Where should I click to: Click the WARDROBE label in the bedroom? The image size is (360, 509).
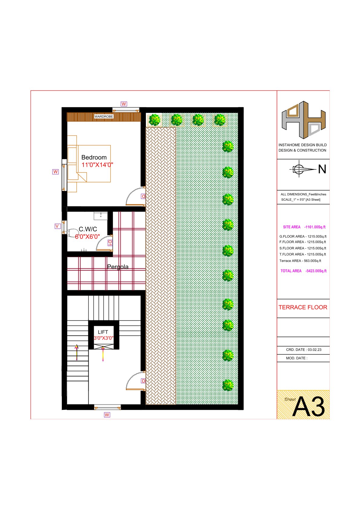104,117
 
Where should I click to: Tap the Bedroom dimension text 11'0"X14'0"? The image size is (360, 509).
97,165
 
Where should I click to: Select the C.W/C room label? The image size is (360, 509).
88,229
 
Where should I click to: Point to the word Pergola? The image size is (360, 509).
118,267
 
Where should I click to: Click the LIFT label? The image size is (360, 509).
103,332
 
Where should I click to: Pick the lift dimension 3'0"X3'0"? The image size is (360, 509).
103,338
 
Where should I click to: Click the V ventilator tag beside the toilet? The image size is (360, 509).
57,226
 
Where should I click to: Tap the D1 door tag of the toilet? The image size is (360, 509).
110,243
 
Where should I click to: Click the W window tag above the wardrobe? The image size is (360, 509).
124,104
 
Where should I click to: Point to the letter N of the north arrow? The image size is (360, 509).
322,169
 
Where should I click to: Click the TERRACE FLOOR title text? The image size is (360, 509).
303,307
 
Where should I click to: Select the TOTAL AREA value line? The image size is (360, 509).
303,271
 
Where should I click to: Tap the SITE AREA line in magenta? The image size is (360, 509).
304,227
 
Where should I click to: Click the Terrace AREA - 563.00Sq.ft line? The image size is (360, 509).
300,261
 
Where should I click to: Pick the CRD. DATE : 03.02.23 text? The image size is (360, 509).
304,349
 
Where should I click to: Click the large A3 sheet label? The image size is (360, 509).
308,407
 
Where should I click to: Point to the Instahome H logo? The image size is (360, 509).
304,120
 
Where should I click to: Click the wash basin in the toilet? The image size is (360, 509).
100,216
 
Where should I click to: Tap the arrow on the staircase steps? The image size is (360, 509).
77,352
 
